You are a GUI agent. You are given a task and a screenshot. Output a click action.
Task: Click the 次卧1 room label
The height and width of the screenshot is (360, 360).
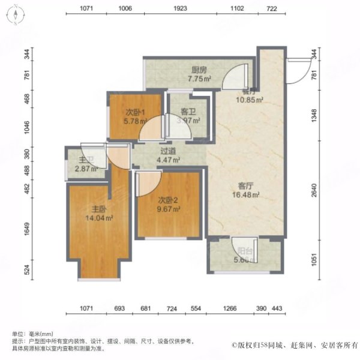pos(134,112)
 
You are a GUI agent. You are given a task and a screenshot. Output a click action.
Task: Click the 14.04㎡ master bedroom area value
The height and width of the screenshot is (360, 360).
pos(98,218)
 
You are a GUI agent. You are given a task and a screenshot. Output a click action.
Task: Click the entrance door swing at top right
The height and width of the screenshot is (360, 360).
pos(297,69)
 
